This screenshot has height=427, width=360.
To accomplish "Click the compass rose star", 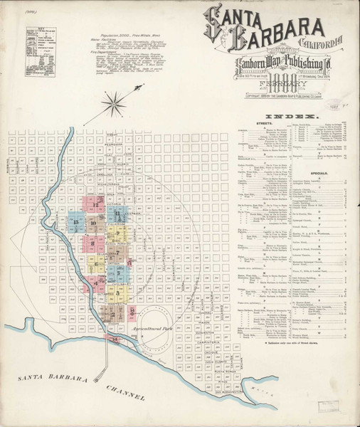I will [x=112, y=106].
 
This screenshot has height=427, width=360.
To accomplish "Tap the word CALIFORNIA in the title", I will [x=324, y=38].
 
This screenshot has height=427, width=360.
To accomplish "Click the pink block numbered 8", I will [x=93, y=243].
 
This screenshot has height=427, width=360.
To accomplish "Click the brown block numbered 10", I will [x=95, y=223].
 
